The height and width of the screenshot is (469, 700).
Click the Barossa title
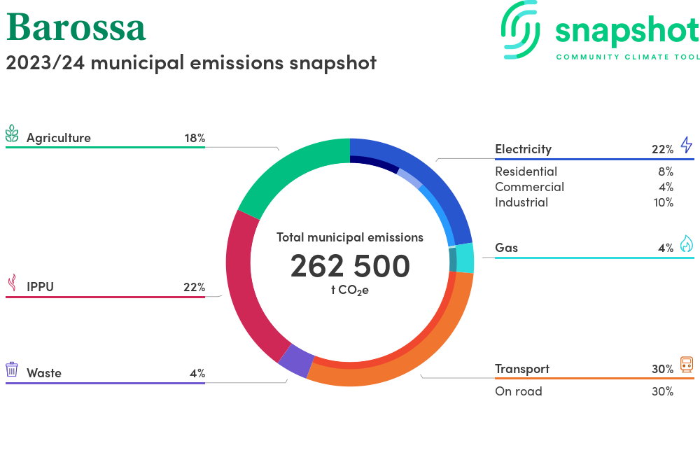[76, 28]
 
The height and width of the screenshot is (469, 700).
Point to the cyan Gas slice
[465, 258]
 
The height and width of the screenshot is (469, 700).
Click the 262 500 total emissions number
[350, 267]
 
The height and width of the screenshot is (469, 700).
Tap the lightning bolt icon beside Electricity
[686, 146]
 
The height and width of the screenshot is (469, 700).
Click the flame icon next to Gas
[686, 244]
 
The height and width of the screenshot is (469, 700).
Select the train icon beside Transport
[686, 365]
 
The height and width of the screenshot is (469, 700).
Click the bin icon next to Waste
[12, 370]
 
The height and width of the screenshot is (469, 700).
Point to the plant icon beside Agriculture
[12, 134]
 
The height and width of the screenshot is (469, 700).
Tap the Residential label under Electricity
[526, 171]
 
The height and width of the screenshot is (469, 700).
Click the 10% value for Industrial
[662, 202]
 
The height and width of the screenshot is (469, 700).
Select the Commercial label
[529, 187]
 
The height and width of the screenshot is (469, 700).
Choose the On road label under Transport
[518, 391]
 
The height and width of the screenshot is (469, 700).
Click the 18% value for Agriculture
[195, 138]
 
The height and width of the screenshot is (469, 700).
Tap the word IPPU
[40, 287]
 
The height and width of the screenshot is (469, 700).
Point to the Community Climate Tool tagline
[627, 57]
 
